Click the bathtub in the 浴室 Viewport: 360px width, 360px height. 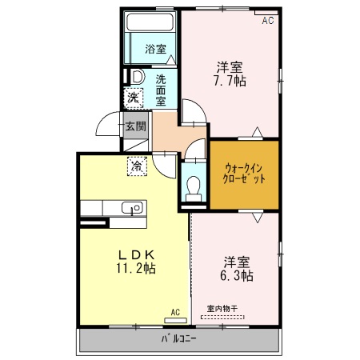pyautogui.click(x=150, y=22)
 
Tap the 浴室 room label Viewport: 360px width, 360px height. pyautogui.click(x=156, y=49)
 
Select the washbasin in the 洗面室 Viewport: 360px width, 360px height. pyautogui.click(x=137, y=77)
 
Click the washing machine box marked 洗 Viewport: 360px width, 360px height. pyautogui.click(x=134, y=98)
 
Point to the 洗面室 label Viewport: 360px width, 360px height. pyautogui.click(x=161, y=90)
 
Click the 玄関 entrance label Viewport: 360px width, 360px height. pyautogui.click(x=136, y=126)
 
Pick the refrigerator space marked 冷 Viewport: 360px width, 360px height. pyautogui.click(x=137, y=166)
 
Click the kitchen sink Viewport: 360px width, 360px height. pyautogui.click(x=132, y=207)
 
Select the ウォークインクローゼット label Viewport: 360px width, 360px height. pyautogui.click(x=244, y=174)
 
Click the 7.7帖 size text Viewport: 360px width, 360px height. pyautogui.click(x=230, y=81)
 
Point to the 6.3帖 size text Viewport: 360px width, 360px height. pyautogui.click(x=237, y=275)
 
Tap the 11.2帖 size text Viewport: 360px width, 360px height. pyautogui.click(x=136, y=268)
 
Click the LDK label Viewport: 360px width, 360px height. pyautogui.click(x=137, y=255)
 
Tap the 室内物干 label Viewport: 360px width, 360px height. pyautogui.click(x=222, y=309)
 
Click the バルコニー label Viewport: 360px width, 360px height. pyautogui.click(x=179, y=339)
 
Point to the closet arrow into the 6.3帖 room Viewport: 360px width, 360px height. pyautogui.click(x=258, y=217)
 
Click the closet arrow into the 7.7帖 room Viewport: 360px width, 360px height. pyautogui.click(x=257, y=132)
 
